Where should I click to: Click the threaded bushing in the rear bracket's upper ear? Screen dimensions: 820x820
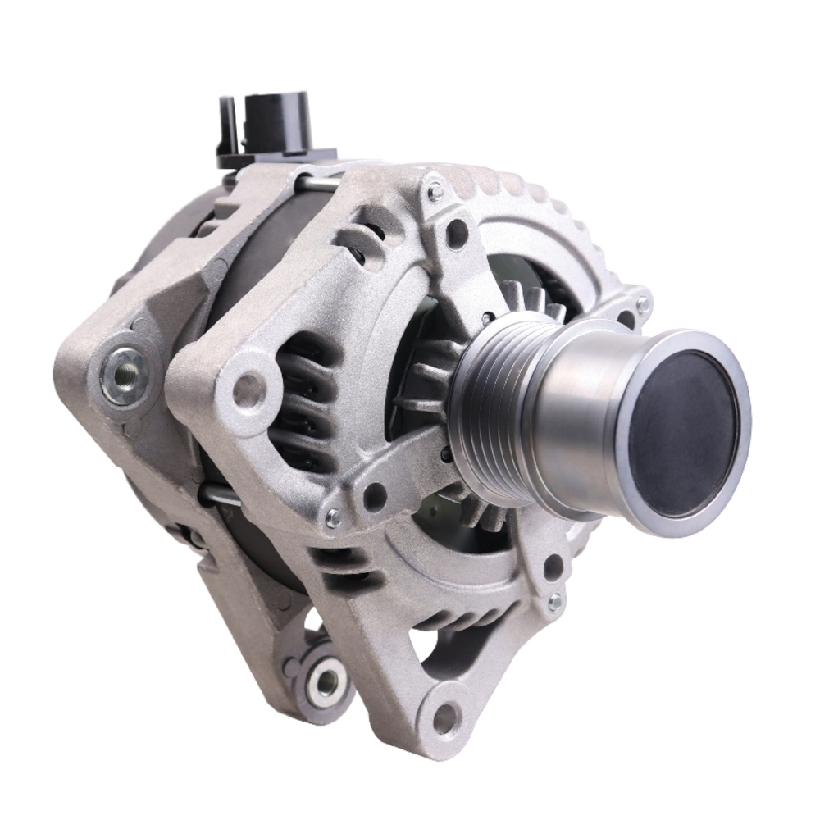[125, 375]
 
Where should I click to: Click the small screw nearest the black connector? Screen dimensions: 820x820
[435, 192]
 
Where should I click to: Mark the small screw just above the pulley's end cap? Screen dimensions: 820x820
[643, 305]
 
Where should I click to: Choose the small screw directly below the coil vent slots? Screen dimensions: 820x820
[333, 518]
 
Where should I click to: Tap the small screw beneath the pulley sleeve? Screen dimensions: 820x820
[555, 601]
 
